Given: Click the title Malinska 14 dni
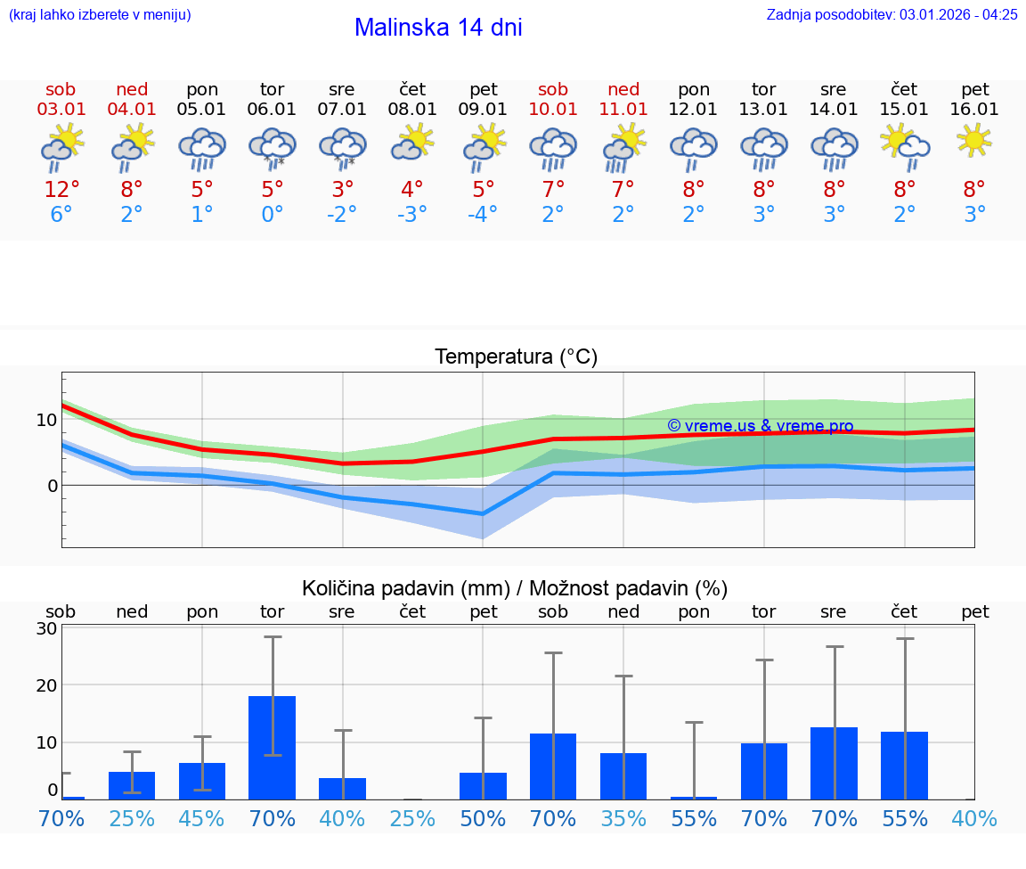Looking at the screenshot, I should (x=438, y=28).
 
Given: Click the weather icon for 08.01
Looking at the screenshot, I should (x=412, y=143).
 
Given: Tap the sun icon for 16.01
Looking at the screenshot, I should (x=974, y=140).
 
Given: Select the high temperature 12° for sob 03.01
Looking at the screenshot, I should (x=61, y=190).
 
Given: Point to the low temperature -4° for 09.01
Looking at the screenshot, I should (x=483, y=215).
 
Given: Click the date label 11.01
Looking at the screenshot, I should (x=623, y=110).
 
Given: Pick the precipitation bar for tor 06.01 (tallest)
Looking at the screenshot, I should (x=273, y=747).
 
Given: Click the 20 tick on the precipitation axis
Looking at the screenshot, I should (x=46, y=685).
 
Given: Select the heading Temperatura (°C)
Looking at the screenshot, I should (x=516, y=357).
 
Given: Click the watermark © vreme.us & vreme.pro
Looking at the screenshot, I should (x=760, y=426).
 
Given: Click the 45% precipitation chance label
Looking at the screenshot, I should (x=202, y=819).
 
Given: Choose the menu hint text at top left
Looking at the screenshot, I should (x=100, y=14).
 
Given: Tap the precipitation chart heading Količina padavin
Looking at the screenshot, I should (x=515, y=588).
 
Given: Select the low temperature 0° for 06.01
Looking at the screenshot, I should (x=272, y=215).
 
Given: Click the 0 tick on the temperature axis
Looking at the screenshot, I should (x=53, y=486).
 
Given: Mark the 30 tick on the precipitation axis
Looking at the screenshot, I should (x=46, y=628).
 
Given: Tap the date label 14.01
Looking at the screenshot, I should (x=834, y=110).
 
